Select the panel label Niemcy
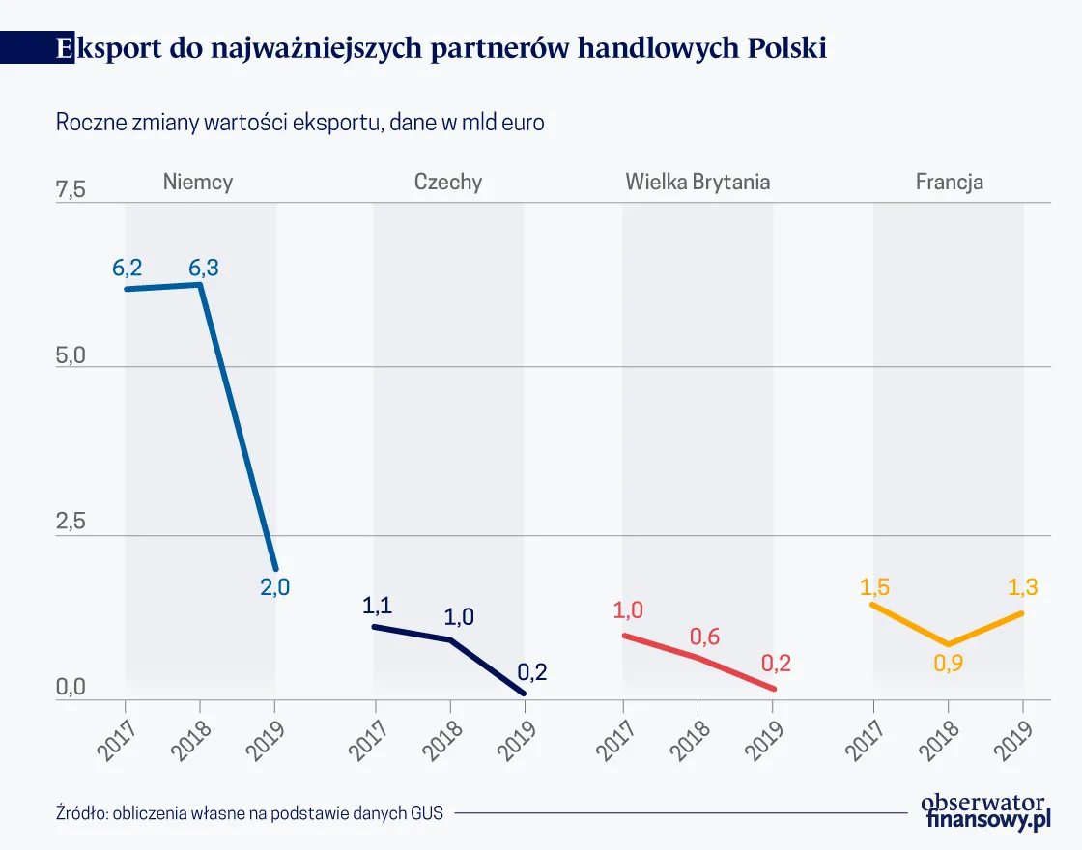coord(198,182)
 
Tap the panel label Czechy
coord(448,182)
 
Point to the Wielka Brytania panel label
coord(698,182)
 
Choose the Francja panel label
coord(949,182)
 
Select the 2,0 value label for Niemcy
coord(274,585)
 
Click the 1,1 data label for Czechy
coord(378,606)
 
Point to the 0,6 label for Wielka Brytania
coord(705,637)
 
